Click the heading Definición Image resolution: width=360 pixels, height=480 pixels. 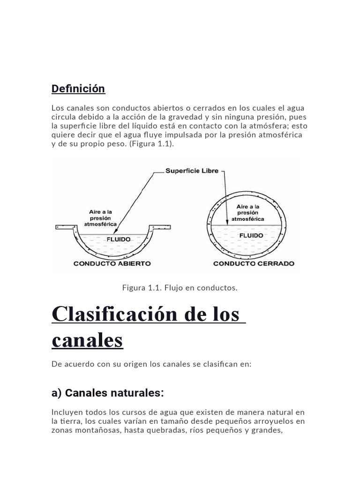[78, 89]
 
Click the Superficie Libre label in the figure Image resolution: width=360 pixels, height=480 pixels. [192, 171]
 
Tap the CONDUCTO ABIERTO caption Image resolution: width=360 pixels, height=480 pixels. [112, 263]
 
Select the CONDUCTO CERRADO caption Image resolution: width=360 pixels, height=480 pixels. [254, 263]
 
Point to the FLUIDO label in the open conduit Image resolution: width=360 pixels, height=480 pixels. [119, 239]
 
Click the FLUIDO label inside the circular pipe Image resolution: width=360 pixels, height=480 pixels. [251, 235]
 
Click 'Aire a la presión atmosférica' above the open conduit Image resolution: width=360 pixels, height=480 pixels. [100, 218]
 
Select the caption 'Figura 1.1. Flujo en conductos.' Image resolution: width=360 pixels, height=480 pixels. [180, 287]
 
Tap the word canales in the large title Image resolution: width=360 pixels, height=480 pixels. [87, 340]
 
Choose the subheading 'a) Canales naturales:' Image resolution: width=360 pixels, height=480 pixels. [108, 393]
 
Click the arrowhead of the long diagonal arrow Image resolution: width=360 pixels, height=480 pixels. [115, 231]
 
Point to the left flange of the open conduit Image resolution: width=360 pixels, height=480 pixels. [66, 227]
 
